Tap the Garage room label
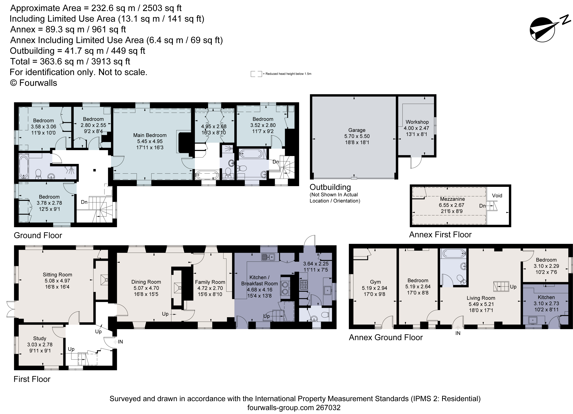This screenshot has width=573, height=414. [x=357, y=130]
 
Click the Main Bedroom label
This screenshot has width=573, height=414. [x=150, y=135]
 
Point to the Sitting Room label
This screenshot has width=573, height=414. [x=57, y=275]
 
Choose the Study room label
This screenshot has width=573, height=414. [x=40, y=338]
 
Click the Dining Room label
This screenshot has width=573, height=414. [x=146, y=282]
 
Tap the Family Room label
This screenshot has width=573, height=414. [x=210, y=282]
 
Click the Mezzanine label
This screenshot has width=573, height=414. [x=452, y=199]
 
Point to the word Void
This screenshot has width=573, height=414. [x=497, y=196]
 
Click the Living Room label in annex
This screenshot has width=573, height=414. [x=481, y=298]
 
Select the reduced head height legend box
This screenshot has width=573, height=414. [x=256, y=74]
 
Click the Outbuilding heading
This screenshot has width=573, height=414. [x=330, y=187]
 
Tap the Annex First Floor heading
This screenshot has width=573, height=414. [x=440, y=235]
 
